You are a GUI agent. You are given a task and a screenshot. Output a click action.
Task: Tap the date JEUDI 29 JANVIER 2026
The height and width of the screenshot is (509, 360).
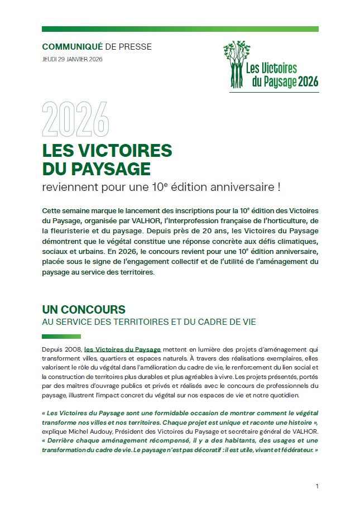(72, 60)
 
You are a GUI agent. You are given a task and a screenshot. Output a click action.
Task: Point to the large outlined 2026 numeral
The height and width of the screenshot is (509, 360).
(75, 118)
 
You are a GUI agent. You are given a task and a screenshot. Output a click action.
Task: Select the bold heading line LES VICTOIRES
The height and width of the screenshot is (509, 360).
(107, 151)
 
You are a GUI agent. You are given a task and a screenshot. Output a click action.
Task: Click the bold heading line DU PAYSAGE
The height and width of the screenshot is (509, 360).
(96, 168)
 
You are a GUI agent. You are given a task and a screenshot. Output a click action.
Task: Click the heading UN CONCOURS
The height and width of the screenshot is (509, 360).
(84, 309)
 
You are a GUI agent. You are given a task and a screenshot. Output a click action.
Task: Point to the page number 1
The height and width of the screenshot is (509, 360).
(317, 486)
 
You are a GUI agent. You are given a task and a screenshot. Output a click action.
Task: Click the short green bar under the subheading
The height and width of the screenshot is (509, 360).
(58, 336)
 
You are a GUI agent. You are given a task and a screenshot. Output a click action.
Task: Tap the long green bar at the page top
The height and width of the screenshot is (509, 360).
(180, 29)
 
